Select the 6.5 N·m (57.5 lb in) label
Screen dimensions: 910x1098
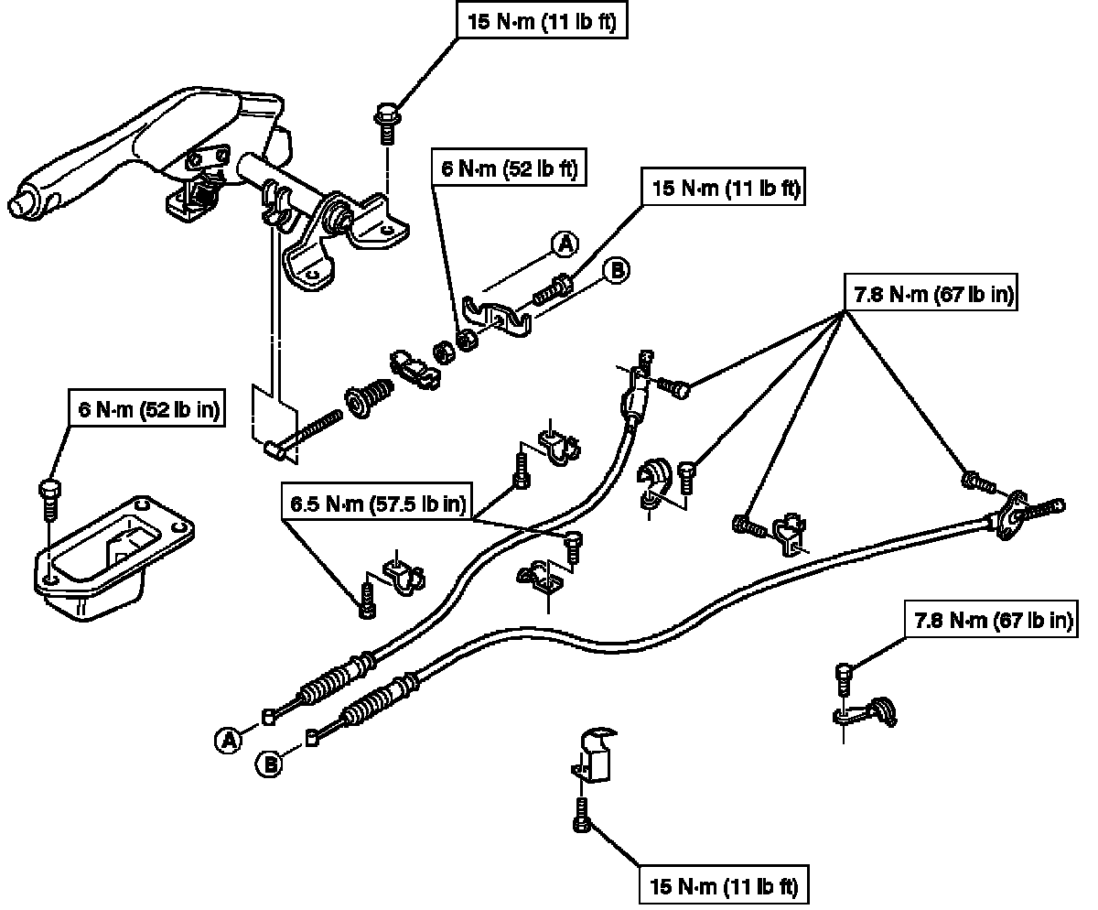point(377,503)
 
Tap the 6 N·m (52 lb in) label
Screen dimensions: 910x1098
point(147,411)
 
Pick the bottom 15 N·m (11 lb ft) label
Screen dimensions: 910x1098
point(723,886)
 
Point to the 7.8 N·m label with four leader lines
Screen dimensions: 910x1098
point(927,296)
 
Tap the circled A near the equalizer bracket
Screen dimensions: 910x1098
point(565,243)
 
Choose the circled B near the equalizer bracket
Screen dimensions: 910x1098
point(617,270)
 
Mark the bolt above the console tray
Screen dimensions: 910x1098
point(50,498)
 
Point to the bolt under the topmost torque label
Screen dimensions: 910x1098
point(385,124)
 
